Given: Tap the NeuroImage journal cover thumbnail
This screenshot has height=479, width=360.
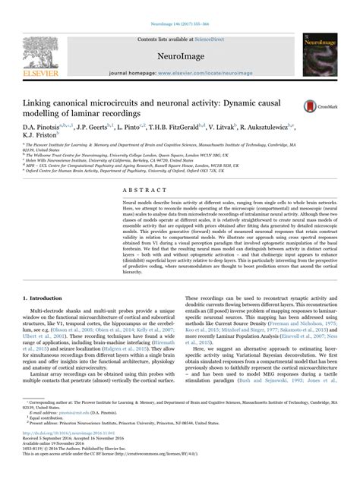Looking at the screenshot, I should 317,44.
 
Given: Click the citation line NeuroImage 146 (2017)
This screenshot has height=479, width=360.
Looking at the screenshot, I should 179,6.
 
